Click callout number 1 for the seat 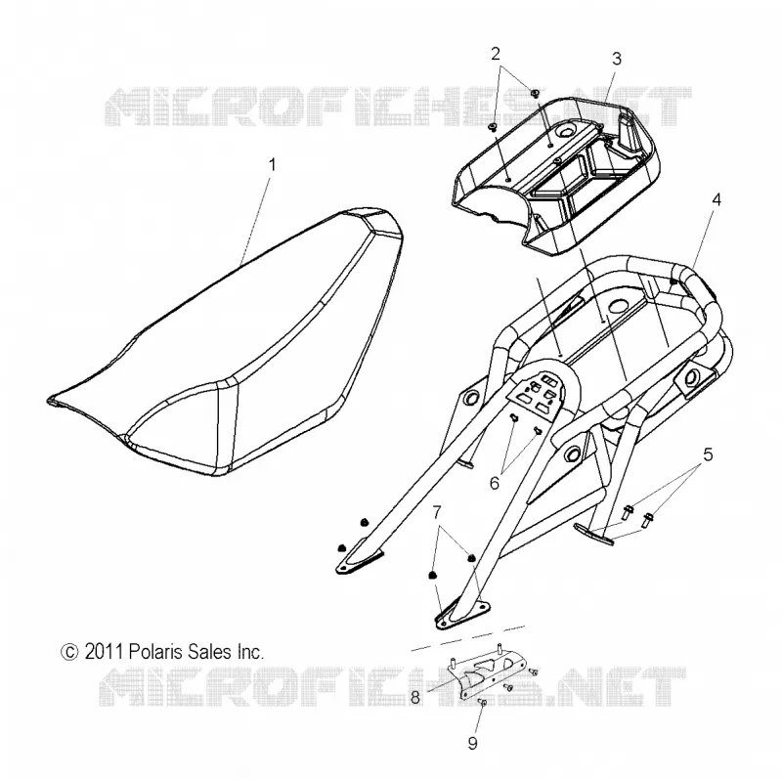coord(272,164)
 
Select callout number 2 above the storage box coord(496,54)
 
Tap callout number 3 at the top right coord(617,59)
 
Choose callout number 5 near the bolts coord(708,454)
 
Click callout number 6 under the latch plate coord(495,483)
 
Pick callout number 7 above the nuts coord(437,512)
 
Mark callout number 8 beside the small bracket coord(414,698)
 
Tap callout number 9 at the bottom coord(473,744)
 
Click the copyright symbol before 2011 coord(69,652)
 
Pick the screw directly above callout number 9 coord(482,702)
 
